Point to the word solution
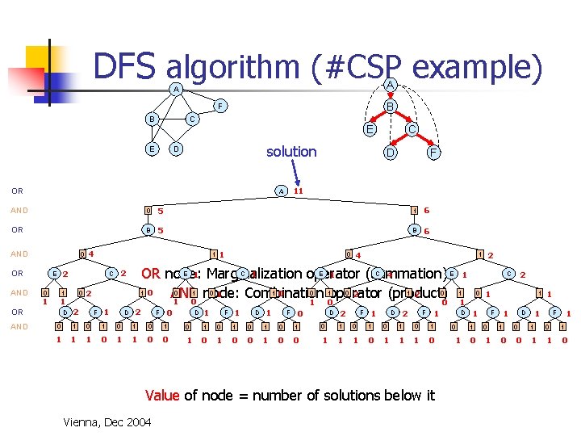291,152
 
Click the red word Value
162,395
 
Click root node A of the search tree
280,191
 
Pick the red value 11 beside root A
298,191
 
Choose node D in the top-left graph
177,149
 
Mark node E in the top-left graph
151,149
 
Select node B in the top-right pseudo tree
389,107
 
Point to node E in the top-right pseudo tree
370,129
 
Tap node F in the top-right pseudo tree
433,152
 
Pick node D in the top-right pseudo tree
390,152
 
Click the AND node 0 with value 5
147,212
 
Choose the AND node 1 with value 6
414,211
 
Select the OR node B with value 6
414,231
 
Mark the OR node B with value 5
147,231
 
